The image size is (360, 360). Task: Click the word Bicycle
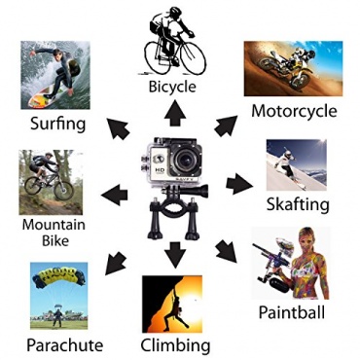click(172, 87)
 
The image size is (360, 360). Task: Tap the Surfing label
click(58, 124)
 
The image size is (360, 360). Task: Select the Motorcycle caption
click(294, 111)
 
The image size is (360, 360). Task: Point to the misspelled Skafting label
click(298, 204)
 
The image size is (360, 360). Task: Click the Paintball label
click(292, 312)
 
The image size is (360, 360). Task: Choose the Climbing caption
click(175, 345)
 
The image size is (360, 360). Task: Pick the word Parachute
click(65, 344)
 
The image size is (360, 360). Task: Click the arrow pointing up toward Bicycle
click(175, 113)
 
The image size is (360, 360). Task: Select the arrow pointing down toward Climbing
click(175, 255)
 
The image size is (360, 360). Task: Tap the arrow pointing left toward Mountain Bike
click(115, 195)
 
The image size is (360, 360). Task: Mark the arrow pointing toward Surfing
click(118, 129)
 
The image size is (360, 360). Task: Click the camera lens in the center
click(185, 161)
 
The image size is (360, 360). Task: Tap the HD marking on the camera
click(160, 170)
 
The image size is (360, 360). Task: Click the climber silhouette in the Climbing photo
click(176, 309)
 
